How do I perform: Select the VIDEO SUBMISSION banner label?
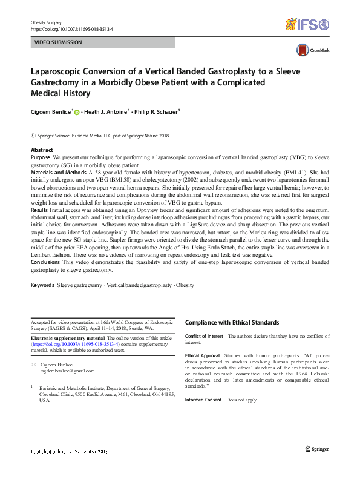pos(58,43)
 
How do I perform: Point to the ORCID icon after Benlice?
pos(77,111)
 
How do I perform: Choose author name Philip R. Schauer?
pos(158,111)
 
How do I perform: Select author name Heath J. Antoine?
pos(106,111)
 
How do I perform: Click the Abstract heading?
pos(42,150)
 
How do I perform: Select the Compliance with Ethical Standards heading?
pos(232,323)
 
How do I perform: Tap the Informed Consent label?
pos(203,400)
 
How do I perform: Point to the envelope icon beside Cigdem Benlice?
pos(33,364)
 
